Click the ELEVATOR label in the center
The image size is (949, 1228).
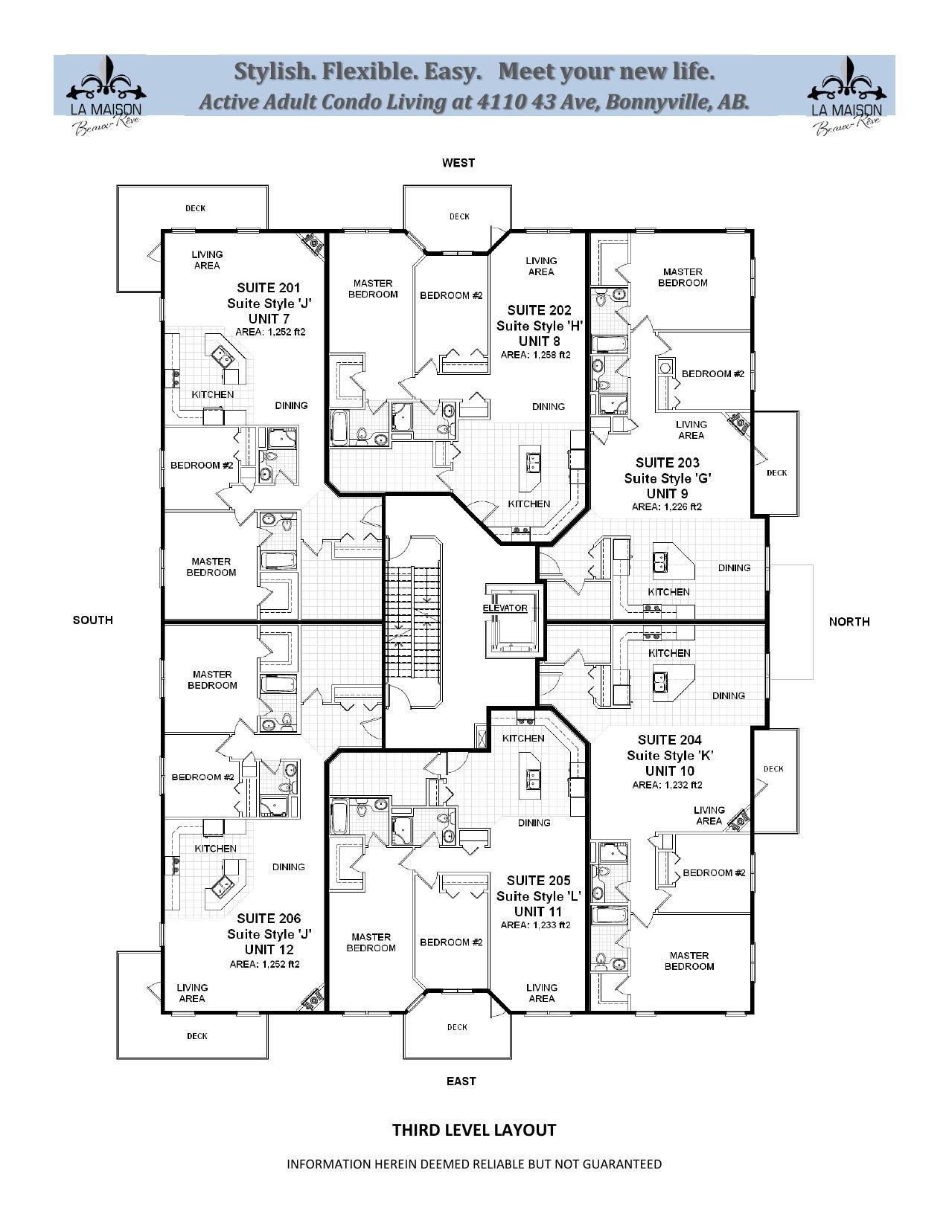click(505, 608)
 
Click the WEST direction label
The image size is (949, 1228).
click(458, 163)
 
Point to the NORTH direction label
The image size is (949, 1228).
click(849, 622)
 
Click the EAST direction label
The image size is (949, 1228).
click(461, 1081)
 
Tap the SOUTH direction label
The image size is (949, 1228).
click(93, 620)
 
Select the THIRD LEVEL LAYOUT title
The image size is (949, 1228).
click(474, 1130)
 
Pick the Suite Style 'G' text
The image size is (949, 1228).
click(668, 478)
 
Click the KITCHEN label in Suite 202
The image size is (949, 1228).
click(528, 504)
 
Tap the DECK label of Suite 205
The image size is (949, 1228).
click(457, 1027)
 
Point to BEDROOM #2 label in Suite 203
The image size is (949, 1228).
click(712, 373)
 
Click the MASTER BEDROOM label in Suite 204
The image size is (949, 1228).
click(689, 961)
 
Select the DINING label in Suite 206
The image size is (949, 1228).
click(288, 867)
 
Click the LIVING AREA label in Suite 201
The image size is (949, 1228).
click(207, 260)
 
